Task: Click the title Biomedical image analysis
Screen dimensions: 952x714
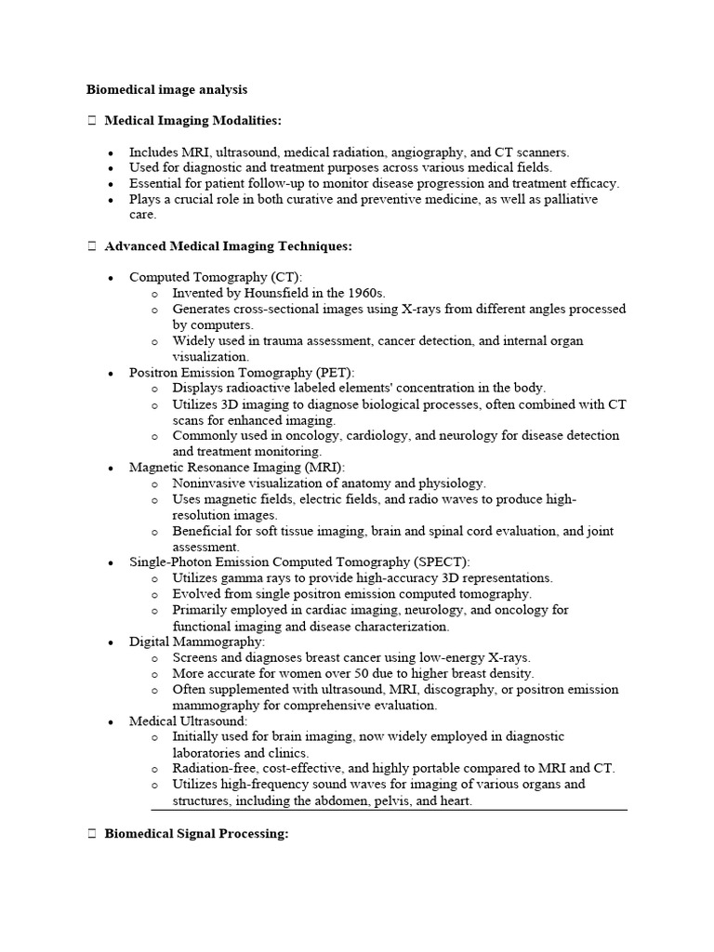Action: pos(166,90)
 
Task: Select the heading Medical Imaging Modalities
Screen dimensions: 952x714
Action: pos(192,121)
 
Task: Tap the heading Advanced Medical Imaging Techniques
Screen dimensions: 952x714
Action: pos(228,246)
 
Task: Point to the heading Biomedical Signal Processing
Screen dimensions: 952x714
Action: pos(196,835)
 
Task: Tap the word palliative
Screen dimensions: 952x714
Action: pos(566,199)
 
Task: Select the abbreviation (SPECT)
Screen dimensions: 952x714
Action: pos(440,562)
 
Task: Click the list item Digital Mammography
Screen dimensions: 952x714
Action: pos(197,641)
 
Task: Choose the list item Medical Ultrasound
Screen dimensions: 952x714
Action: pos(188,721)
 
